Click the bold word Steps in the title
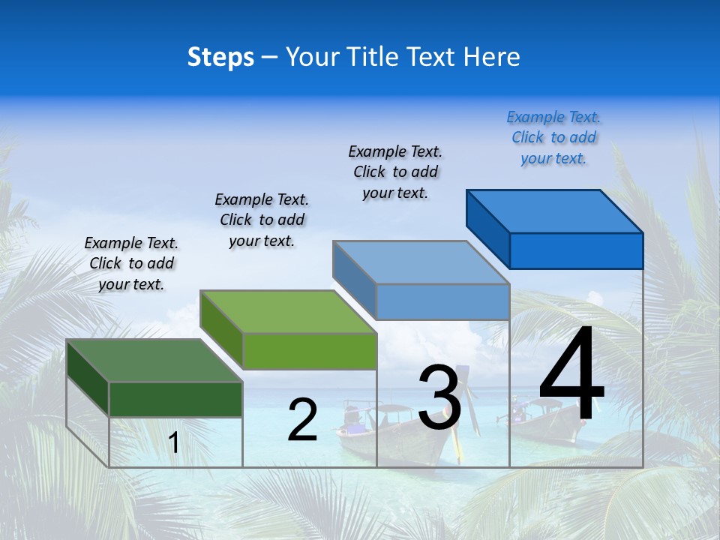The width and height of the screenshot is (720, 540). (220, 57)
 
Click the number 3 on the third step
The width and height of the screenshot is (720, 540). (439, 397)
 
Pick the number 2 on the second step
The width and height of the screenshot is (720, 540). (302, 420)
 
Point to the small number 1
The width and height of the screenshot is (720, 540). (174, 442)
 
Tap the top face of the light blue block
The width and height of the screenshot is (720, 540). (421, 262)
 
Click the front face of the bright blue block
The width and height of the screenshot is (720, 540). (576, 250)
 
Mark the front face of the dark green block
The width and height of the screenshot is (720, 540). (175, 399)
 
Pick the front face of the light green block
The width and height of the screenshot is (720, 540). (309, 351)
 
